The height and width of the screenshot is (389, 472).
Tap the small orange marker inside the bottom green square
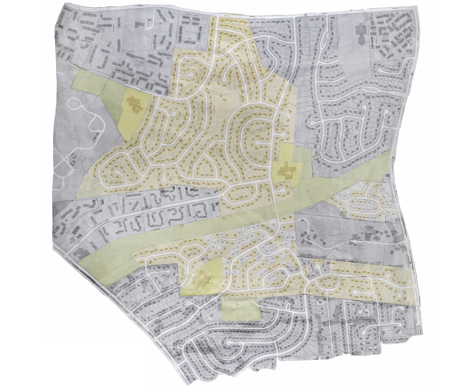(x=236, y=304)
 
